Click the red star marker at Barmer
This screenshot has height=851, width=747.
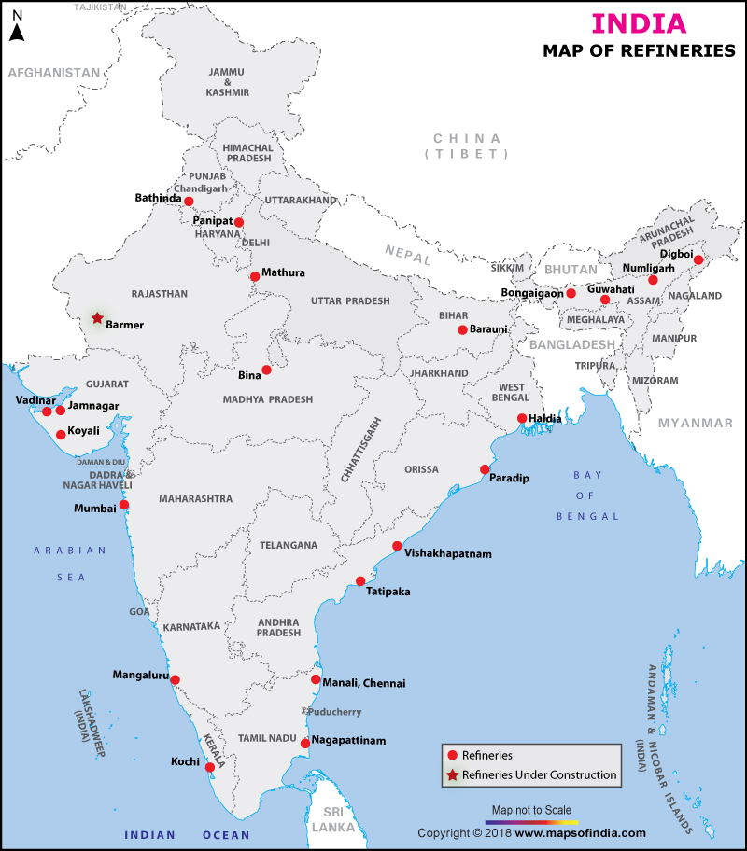[97, 318]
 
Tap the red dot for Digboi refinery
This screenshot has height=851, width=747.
[698, 260]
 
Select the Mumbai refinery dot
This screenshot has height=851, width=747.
[124, 505]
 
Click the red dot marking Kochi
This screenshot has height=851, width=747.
[210, 768]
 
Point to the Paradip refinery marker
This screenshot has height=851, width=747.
[485, 469]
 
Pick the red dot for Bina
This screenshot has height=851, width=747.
[266, 370]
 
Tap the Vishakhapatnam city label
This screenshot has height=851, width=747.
[448, 553]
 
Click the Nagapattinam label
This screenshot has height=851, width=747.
[348, 740]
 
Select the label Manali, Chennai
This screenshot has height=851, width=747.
[364, 683]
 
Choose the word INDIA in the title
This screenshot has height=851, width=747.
[640, 23]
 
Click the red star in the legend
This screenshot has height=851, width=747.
[453, 774]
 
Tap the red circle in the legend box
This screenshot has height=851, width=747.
[453, 755]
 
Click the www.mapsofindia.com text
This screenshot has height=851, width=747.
[580, 833]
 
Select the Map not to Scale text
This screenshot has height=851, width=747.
[529, 809]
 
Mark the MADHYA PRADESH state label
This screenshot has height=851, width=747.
[266, 399]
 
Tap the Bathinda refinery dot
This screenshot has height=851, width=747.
[189, 202]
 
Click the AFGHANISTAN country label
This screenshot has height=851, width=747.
[53, 72]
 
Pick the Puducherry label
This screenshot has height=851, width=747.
[334, 711]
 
